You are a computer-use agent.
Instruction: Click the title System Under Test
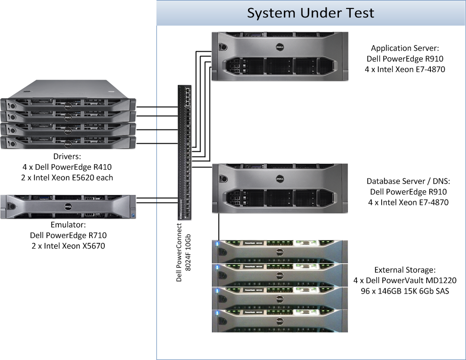[x=311, y=13]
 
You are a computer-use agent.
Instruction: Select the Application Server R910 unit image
[x=279, y=56]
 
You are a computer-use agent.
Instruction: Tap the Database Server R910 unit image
[x=279, y=188]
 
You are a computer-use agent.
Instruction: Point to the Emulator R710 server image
[x=68, y=206]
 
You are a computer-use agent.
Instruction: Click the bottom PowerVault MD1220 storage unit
[x=279, y=320]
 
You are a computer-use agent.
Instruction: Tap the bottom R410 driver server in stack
[x=68, y=142]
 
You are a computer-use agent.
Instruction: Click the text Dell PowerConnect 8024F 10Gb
[x=183, y=252]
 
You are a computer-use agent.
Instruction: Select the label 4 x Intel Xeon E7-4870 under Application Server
[x=406, y=69]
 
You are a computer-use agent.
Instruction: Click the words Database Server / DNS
[x=408, y=181]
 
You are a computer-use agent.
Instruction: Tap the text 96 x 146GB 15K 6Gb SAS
[x=405, y=291]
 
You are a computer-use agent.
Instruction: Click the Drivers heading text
[x=68, y=156]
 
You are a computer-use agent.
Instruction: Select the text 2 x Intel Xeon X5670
[x=68, y=246]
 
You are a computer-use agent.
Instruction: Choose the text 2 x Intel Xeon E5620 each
[x=68, y=177]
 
